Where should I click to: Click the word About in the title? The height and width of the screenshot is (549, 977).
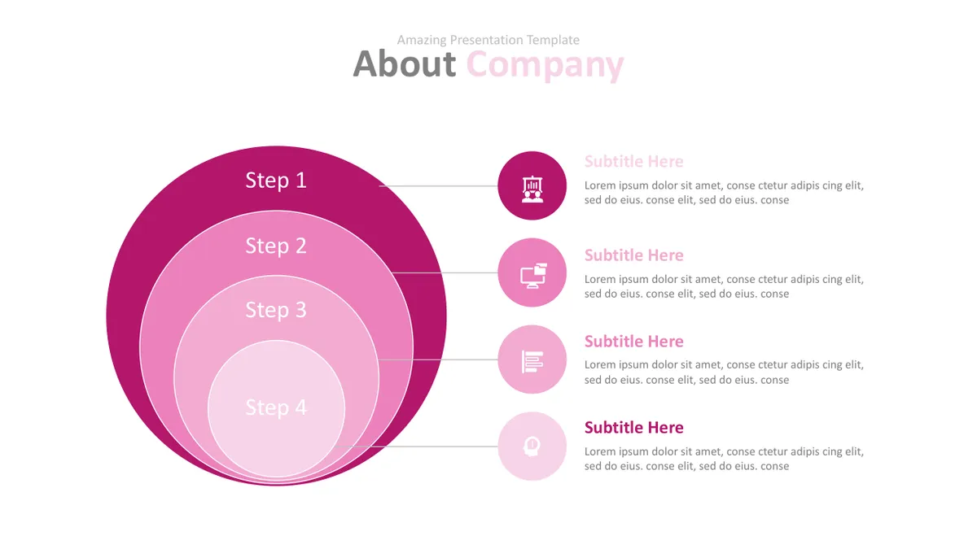(x=405, y=64)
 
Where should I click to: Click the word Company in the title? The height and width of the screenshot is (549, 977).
(x=545, y=66)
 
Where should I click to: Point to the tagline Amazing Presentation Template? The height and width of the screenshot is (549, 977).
(x=488, y=40)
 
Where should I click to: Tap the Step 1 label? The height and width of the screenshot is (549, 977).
(x=276, y=181)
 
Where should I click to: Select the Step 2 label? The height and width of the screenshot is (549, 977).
(x=276, y=246)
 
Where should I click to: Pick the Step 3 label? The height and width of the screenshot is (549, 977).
(x=276, y=310)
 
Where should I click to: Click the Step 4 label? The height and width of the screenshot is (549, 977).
(x=276, y=407)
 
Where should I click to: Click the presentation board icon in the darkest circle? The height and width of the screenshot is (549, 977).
(x=532, y=189)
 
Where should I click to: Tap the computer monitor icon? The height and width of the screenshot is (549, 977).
(x=533, y=276)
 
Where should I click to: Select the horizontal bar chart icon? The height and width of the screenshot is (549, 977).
(x=532, y=362)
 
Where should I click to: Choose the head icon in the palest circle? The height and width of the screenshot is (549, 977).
(x=532, y=447)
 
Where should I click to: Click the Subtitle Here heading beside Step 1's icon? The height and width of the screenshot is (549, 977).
(x=633, y=162)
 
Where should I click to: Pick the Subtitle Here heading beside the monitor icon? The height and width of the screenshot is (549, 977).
(x=633, y=255)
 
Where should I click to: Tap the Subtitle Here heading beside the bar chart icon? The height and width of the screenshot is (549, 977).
(x=633, y=342)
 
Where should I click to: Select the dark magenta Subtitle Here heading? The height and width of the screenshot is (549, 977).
(x=633, y=428)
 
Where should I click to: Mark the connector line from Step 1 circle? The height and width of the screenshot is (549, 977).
(x=438, y=186)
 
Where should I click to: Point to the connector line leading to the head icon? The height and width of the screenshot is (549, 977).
(x=416, y=447)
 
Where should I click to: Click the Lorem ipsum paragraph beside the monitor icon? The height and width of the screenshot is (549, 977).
(x=724, y=286)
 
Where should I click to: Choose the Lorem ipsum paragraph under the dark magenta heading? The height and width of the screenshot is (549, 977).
(x=724, y=459)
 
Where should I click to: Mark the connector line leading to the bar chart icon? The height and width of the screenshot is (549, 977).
(x=438, y=359)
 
